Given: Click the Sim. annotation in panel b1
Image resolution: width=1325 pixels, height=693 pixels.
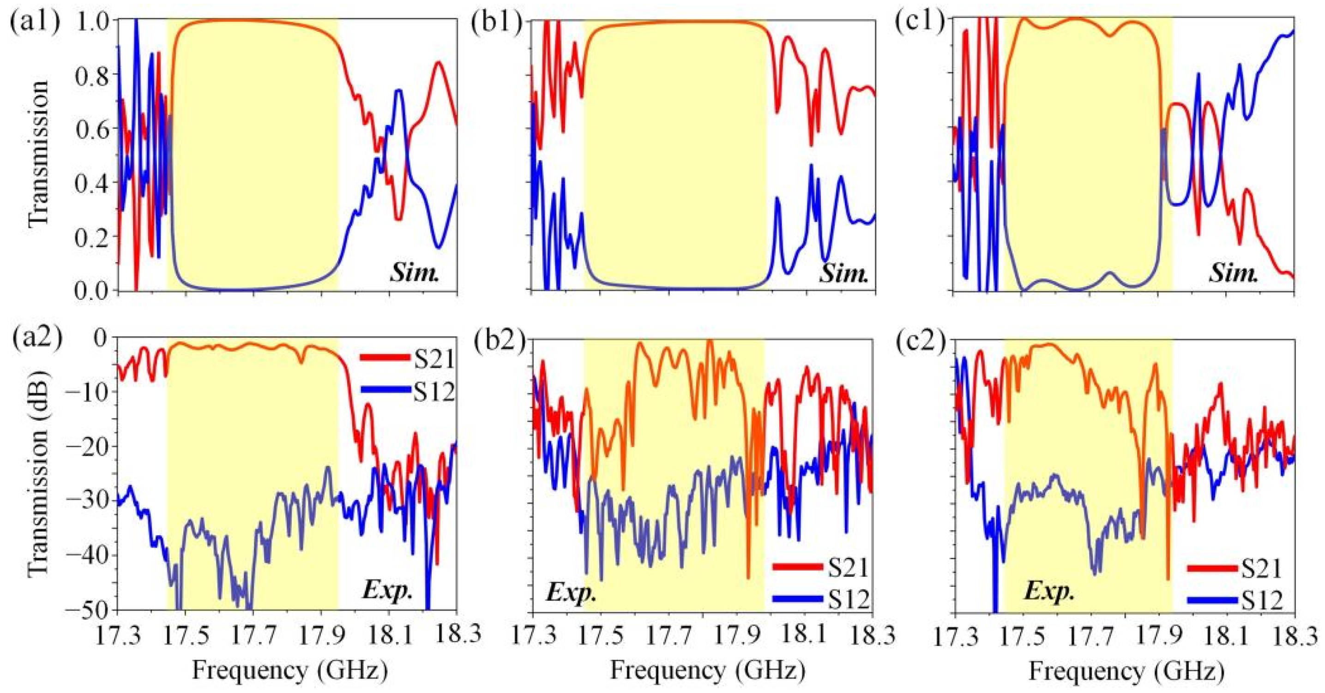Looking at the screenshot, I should (x=843, y=274).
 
